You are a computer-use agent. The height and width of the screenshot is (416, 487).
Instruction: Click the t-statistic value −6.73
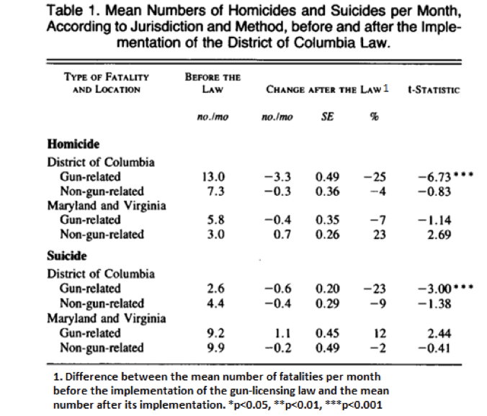click(x=434, y=176)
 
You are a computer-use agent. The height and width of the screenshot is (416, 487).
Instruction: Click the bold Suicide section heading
click(x=67, y=256)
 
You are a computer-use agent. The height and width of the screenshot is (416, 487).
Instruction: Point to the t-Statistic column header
click(x=434, y=90)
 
